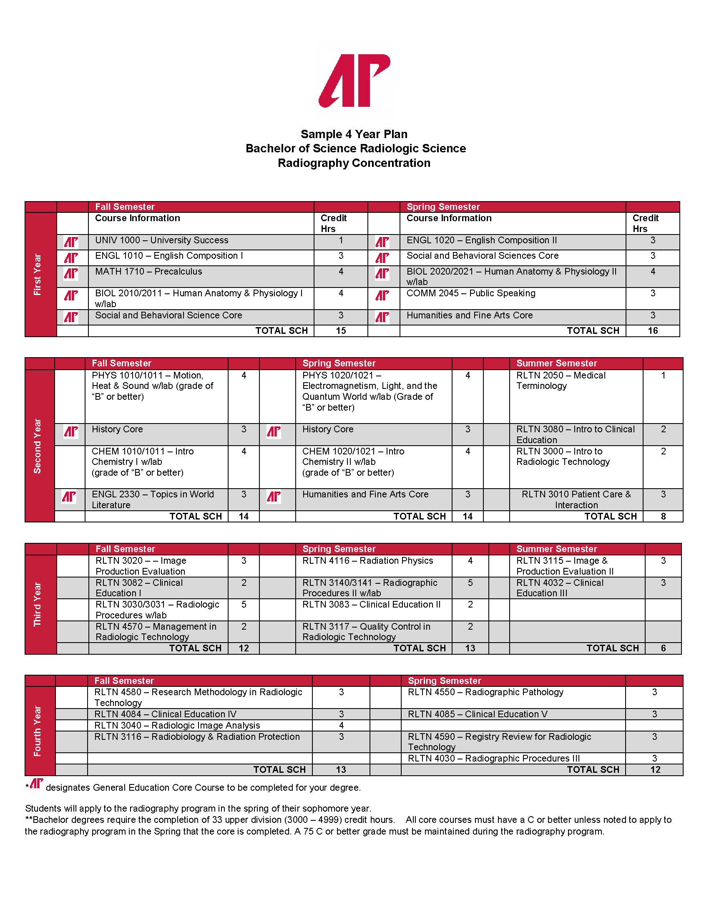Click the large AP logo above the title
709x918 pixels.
354,80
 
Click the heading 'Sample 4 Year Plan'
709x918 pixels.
354,134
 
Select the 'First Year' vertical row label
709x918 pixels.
38,274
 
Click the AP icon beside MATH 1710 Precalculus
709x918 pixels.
71,274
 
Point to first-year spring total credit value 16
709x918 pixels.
652,331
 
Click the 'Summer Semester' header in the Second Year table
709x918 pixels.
556,363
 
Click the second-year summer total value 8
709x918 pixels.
663,516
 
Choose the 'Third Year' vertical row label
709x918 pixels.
38,604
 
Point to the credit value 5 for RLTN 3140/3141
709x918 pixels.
470,583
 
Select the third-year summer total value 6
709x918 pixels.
663,648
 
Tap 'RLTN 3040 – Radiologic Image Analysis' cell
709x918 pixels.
177,726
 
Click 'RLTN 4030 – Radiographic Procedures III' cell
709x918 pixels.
493,758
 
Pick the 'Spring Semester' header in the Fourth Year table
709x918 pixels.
445,681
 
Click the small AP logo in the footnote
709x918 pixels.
37,783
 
